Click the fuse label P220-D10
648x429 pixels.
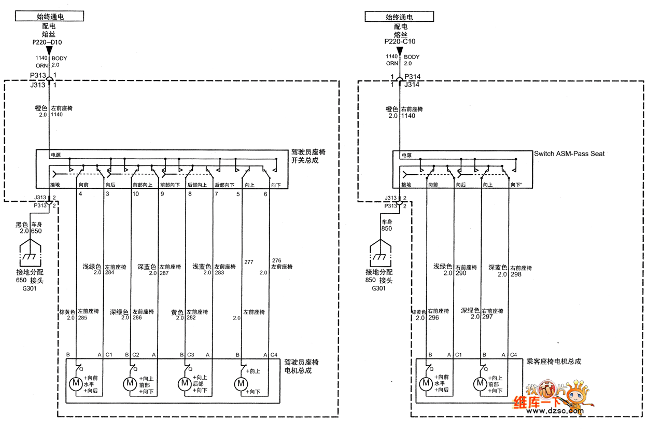click(49, 42)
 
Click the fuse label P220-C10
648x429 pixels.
click(400, 42)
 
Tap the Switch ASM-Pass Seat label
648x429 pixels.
click(569, 154)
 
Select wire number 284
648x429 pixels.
click(109, 272)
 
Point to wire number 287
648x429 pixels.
click(164, 272)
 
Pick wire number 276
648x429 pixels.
click(276, 260)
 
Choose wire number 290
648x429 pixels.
click(460, 273)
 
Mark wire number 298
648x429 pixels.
click(515, 274)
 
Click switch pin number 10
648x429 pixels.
click(136, 194)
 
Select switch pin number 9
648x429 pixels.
click(162, 194)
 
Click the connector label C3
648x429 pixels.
click(191, 354)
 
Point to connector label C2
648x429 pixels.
click(136, 354)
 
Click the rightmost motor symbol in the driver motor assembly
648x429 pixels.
click(241, 384)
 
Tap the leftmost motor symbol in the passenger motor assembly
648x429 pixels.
click(426, 384)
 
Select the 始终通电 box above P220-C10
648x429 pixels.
click(399, 17)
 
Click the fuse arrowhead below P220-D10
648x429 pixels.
click(49, 50)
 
